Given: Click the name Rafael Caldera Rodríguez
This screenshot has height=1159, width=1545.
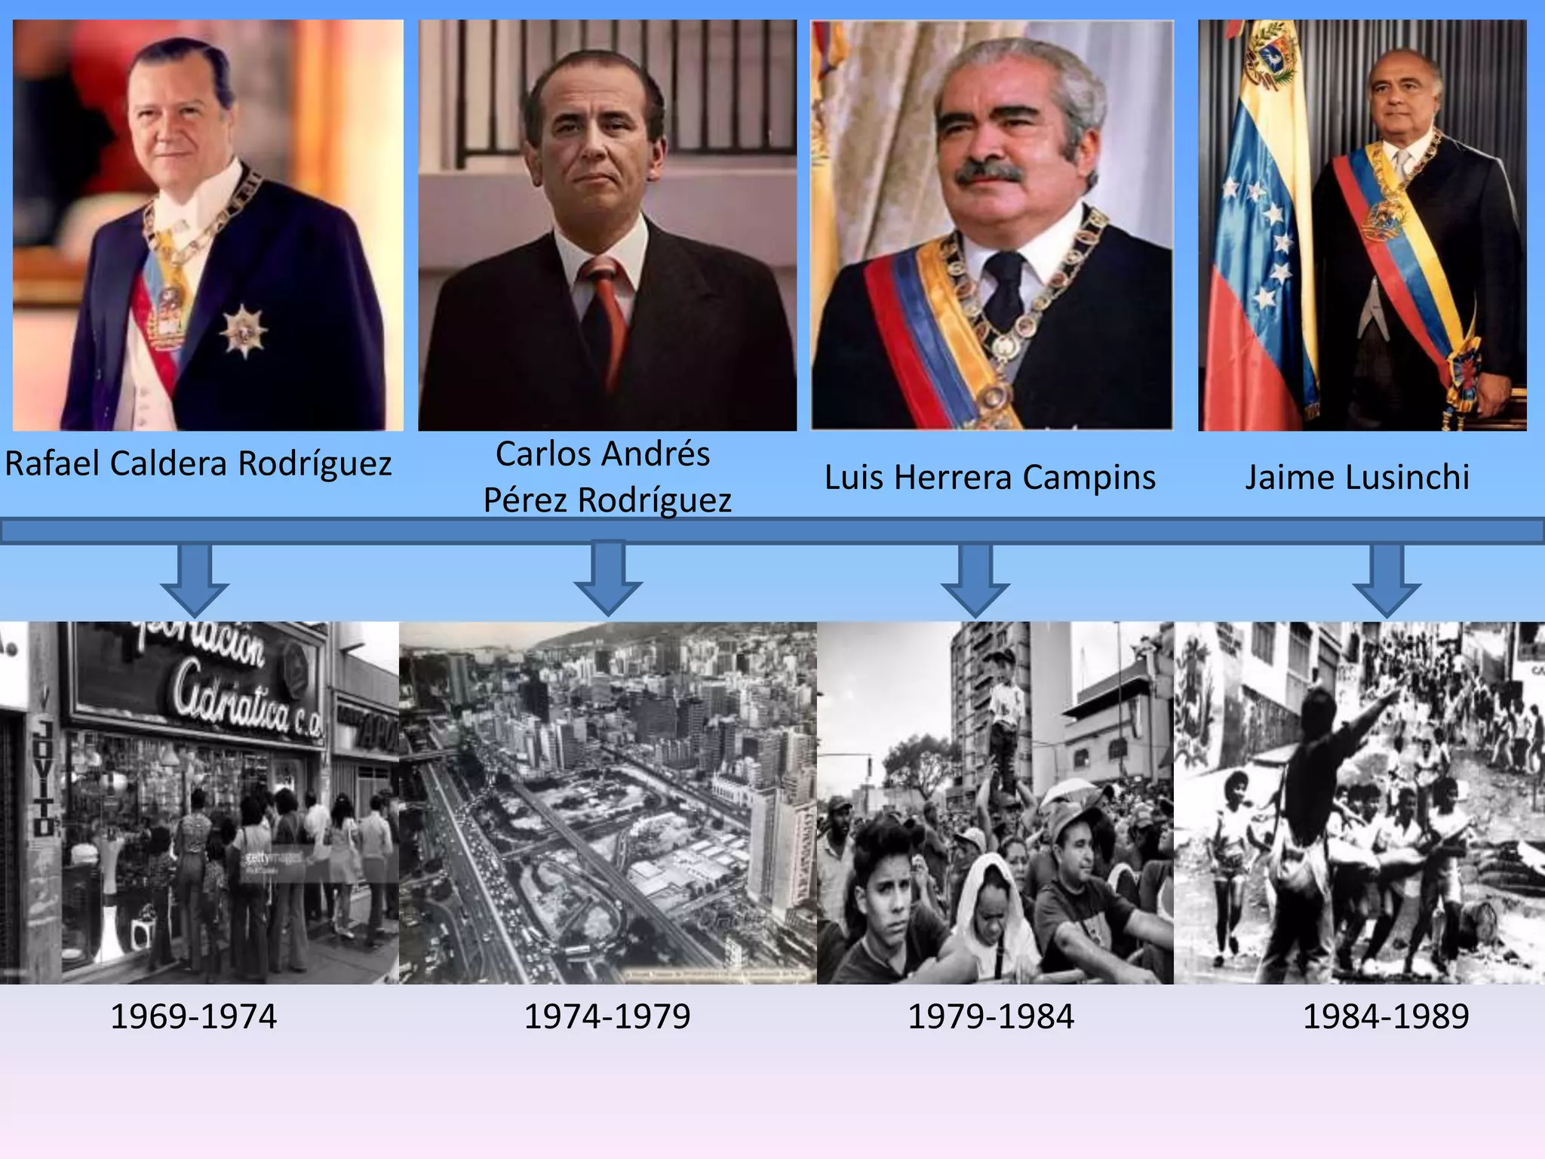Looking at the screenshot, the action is (x=198, y=463).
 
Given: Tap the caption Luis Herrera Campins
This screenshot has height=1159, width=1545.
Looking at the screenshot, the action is (x=990, y=478).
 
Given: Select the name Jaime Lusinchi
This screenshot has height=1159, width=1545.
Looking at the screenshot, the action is (x=1357, y=478).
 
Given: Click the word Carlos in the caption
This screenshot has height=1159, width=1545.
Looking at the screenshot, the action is (x=543, y=454).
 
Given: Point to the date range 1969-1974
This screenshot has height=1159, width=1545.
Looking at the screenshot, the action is (x=194, y=1016).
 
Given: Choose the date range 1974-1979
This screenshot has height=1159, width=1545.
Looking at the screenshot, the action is (x=607, y=1016).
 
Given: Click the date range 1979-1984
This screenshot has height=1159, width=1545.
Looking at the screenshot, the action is (x=991, y=1016).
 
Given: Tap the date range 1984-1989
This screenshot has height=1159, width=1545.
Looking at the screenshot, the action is (x=1386, y=1016).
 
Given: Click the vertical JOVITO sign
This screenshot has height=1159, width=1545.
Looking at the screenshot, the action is (x=44, y=777).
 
